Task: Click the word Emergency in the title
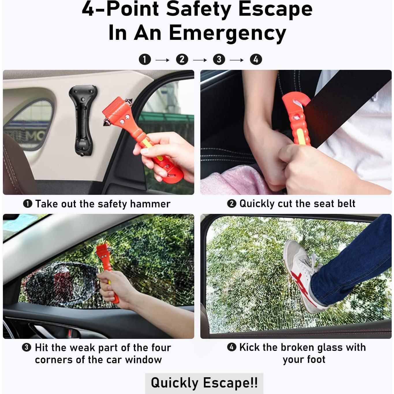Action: point(227,33)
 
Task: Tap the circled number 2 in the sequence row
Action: point(182,59)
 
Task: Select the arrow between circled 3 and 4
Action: point(237,60)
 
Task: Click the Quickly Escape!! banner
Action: point(204,383)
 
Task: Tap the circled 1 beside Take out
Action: point(27,204)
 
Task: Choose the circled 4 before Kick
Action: point(231,347)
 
